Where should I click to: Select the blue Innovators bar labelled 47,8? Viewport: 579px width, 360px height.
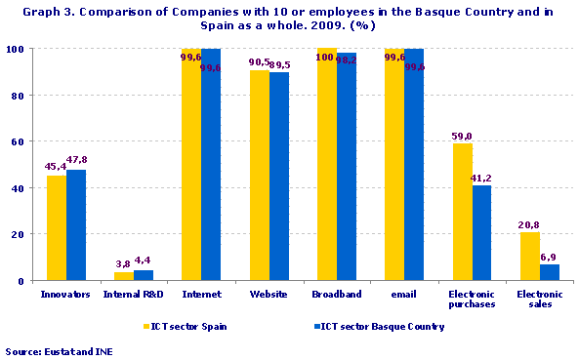(76, 225)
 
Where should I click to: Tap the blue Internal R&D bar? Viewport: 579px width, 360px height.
(144, 275)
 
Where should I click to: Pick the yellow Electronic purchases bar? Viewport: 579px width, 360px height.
(462, 212)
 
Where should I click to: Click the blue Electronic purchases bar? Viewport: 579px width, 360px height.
(481, 232)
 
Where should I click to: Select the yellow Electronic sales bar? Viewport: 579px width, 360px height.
(529, 256)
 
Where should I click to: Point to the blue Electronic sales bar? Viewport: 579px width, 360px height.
(549, 272)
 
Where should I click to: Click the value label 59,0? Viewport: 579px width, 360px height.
(462, 137)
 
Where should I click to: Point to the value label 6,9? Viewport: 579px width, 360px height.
(549, 257)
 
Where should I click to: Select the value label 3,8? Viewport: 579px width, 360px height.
(123, 263)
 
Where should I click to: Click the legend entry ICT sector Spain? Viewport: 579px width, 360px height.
(189, 327)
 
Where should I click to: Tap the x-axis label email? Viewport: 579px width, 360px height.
(403, 293)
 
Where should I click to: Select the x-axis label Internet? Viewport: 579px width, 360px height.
(201, 293)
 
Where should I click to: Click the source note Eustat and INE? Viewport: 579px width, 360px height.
(57, 350)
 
